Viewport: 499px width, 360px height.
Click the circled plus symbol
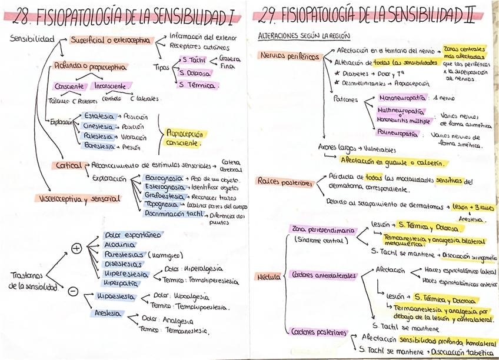[x=76, y=248]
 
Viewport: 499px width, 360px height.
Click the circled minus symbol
[x=73, y=291]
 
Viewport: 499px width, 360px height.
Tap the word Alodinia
[x=119, y=245]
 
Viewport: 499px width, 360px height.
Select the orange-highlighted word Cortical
[x=69, y=165]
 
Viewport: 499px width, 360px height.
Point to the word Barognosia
[x=162, y=178]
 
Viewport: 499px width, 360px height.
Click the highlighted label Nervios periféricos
[x=289, y=57]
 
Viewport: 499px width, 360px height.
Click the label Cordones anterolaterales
[x=324, y=275]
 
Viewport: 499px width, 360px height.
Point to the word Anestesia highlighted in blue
[x=108, y=313]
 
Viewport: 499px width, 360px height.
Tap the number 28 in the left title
[x=19, y=17]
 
